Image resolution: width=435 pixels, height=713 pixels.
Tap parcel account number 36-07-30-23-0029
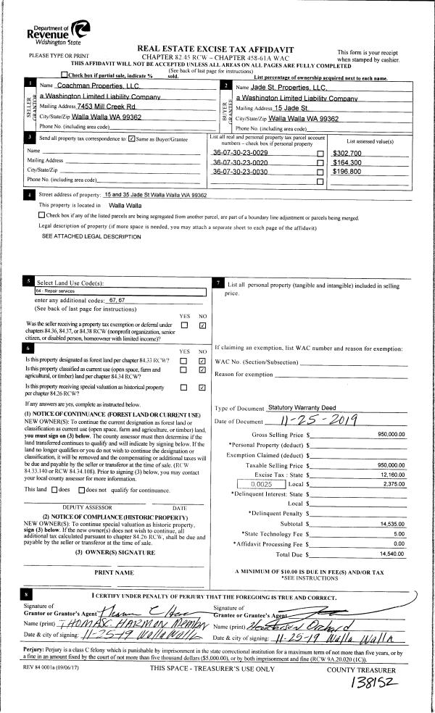240,154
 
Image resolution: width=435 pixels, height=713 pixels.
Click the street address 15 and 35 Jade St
155,196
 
